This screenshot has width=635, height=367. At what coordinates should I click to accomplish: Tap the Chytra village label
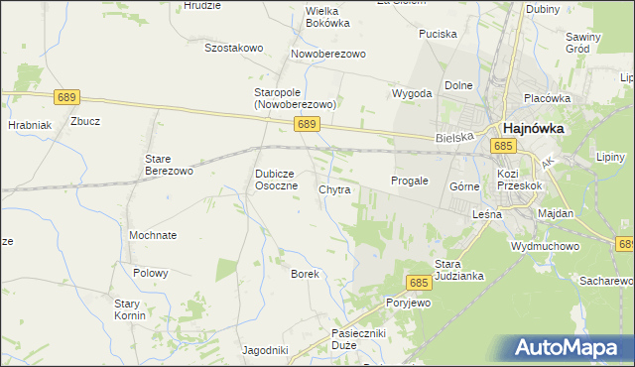(334, 188)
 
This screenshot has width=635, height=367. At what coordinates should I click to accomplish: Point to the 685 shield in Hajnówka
(503, 146)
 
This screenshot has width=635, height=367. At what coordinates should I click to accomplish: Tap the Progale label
(409, 181)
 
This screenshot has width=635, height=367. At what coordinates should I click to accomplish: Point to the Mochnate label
(153, 235)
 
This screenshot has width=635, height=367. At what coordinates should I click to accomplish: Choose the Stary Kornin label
(129, 309)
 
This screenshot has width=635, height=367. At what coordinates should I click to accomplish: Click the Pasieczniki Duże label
(358, 341)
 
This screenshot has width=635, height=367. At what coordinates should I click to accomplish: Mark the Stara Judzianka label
(458, 270)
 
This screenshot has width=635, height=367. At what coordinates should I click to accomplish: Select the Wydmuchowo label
(544, 244)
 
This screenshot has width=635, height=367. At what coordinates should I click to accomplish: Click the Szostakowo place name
(233, 47)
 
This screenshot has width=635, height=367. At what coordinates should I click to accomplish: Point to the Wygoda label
(412, 93)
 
